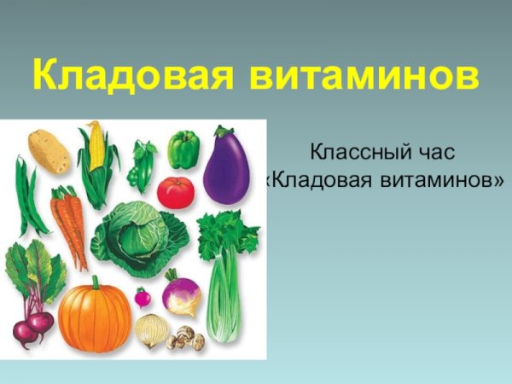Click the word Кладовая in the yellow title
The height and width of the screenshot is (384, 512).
tap(133, 75)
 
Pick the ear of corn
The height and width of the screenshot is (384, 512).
tap(96, 154)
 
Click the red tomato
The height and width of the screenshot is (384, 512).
tap(176, 192)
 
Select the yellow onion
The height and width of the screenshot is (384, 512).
tap(153, 329)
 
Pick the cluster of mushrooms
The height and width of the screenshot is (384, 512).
tap(185, 338)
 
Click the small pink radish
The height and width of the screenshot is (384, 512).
tap(143, 299)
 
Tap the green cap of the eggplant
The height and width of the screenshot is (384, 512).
tap(224, 135)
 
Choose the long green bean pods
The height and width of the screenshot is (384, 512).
tap(30, 196)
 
